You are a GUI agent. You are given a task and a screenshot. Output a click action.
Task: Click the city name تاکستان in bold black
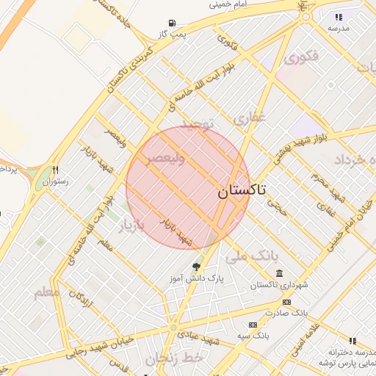coord(242,191)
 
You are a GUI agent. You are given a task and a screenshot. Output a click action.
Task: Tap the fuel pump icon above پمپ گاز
coord(173,23)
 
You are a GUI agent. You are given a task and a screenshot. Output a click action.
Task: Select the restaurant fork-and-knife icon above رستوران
coord(54,169)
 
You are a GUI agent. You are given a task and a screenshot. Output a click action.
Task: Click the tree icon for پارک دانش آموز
coord(196,266)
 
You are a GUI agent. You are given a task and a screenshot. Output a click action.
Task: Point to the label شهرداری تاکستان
coord(278,285)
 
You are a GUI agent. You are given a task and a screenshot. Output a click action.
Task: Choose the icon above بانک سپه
coord(253,325)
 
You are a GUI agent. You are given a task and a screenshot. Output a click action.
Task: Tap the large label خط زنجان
coord(173,359)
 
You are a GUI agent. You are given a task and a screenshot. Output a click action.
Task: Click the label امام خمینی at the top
coord(231,4)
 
